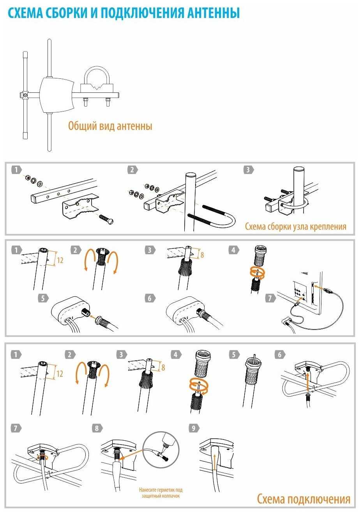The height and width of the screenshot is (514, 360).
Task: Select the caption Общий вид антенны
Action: (110, 126)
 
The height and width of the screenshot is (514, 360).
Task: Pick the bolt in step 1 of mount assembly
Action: (107, 219)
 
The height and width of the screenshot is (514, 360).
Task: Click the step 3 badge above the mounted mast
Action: (248, 170)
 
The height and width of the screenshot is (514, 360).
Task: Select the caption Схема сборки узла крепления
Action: (295, 227)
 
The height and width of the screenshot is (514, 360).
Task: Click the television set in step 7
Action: (308, 289)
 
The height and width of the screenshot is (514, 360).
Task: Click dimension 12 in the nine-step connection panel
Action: (59, 374)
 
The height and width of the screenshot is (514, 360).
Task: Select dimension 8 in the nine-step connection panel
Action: (163, 367)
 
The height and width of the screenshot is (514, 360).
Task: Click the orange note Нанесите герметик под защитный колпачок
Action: (161, 493)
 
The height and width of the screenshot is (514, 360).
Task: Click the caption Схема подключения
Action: (304, 499)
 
